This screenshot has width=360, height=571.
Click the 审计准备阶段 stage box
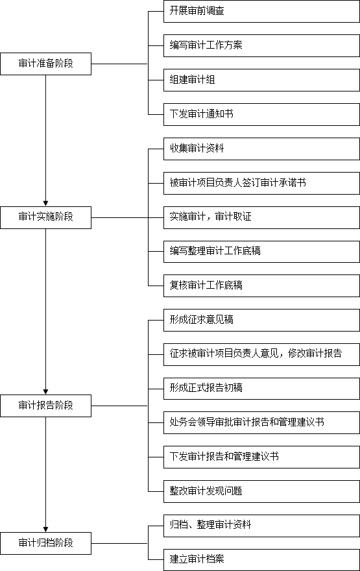tap(45, 64)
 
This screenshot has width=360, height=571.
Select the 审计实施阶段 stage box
tap(45, 217)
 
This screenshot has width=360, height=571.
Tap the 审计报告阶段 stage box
tap(45, 406)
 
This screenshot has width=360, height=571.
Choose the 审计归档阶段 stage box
tap(45, 543)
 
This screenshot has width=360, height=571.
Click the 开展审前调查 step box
tap(261, 11)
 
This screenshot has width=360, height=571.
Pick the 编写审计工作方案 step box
tap(261, 45)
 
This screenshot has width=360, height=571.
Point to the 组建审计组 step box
tap(261, 80)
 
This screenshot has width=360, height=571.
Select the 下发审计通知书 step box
tap(261, 114)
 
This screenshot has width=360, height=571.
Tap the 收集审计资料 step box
tap(261, 149)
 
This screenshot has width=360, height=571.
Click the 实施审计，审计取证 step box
tap(261, 217)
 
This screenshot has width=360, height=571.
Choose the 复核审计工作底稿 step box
tap(261, 286)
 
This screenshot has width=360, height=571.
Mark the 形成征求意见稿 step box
tap(261, 320)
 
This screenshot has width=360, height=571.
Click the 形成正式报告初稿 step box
tap(261, 389)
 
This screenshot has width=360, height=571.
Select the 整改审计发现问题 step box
tap(261, 492)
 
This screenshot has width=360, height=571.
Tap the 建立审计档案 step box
tap(261, 560)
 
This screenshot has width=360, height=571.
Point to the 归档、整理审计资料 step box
tap(261, 526)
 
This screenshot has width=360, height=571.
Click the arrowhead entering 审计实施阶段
tap(45, 204)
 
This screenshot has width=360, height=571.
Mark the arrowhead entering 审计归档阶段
tap(45, 529)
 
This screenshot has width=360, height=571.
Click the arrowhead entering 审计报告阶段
tap(45, 392)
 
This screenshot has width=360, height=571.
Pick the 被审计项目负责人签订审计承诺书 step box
tap(261, 183)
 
